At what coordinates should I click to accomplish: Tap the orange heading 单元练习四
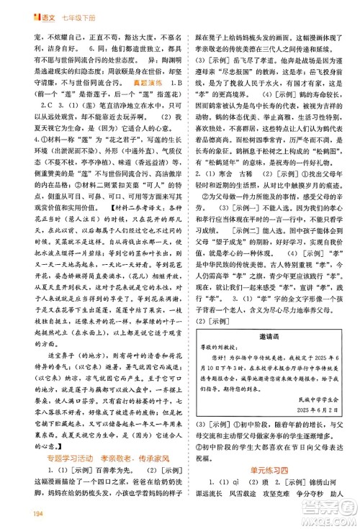[266, 472]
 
